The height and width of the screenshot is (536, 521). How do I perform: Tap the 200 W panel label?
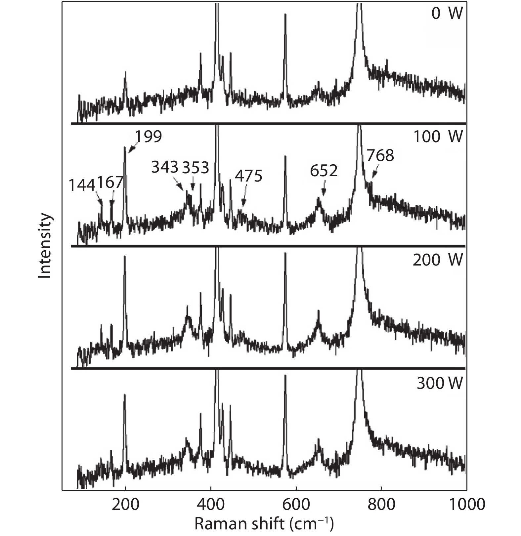click(438, 260)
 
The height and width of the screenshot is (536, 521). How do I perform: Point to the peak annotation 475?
click(248, 176)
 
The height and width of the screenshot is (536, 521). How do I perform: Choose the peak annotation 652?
click(324, 171)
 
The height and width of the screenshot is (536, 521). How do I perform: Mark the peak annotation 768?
click(380, 155)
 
